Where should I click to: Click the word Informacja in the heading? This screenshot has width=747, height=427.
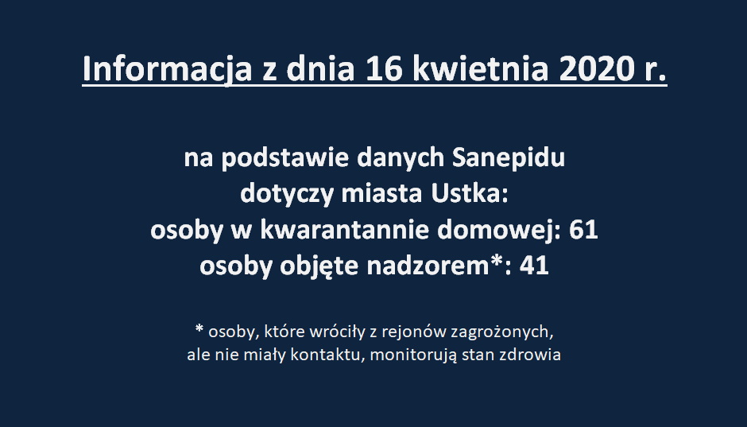[x=167, y=70]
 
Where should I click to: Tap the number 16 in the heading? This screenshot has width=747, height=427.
[x=384, y=68]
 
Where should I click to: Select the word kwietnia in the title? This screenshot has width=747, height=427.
[x=480, y=68]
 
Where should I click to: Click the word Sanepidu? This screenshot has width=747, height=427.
[x=509, y=157]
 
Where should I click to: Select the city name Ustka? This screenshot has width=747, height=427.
[x=470, y=193]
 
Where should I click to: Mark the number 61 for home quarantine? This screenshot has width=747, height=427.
[x=583, y=230]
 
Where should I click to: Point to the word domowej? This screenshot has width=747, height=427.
[x=499, y=231]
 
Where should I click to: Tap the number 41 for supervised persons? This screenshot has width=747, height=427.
[x=534, y=266]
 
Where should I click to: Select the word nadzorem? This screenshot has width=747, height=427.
[x=428, y=266]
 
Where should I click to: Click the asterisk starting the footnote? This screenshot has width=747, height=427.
[x=199, y=329]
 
